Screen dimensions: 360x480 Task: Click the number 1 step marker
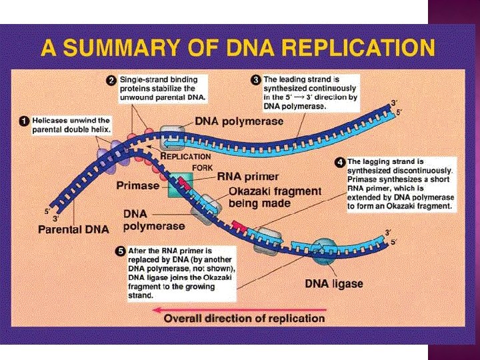tap(22, 121)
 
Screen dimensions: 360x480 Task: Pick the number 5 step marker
tap(120, 251)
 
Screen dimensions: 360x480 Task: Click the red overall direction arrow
tap(239, 309)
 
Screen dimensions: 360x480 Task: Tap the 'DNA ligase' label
tap(334, 284)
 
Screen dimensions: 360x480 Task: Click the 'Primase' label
tap(138, 186)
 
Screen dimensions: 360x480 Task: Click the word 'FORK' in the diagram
tap(202, 167)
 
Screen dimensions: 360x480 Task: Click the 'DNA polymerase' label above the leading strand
tap(239, 121)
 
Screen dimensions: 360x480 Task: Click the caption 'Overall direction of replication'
tap(245, 319)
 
